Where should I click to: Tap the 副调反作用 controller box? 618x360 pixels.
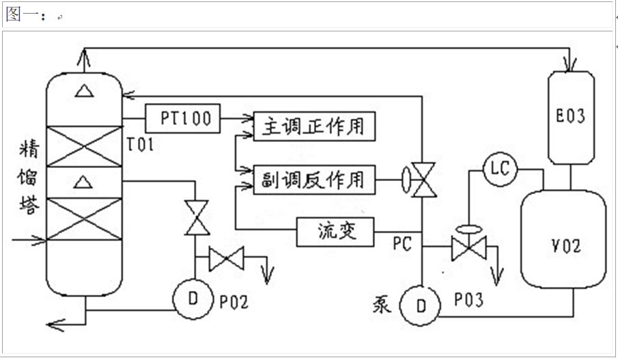tap(313, 180)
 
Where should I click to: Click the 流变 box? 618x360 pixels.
tap(336, 232)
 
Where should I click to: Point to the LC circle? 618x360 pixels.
tap(500, 169)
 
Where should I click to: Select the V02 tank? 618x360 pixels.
tap(563, 242)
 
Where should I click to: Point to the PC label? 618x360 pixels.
tap(402, 244)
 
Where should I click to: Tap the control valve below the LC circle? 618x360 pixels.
tap(468, 247)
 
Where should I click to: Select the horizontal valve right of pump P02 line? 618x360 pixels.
tap(226, 258)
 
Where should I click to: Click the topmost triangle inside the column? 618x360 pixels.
tap(83, 89)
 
